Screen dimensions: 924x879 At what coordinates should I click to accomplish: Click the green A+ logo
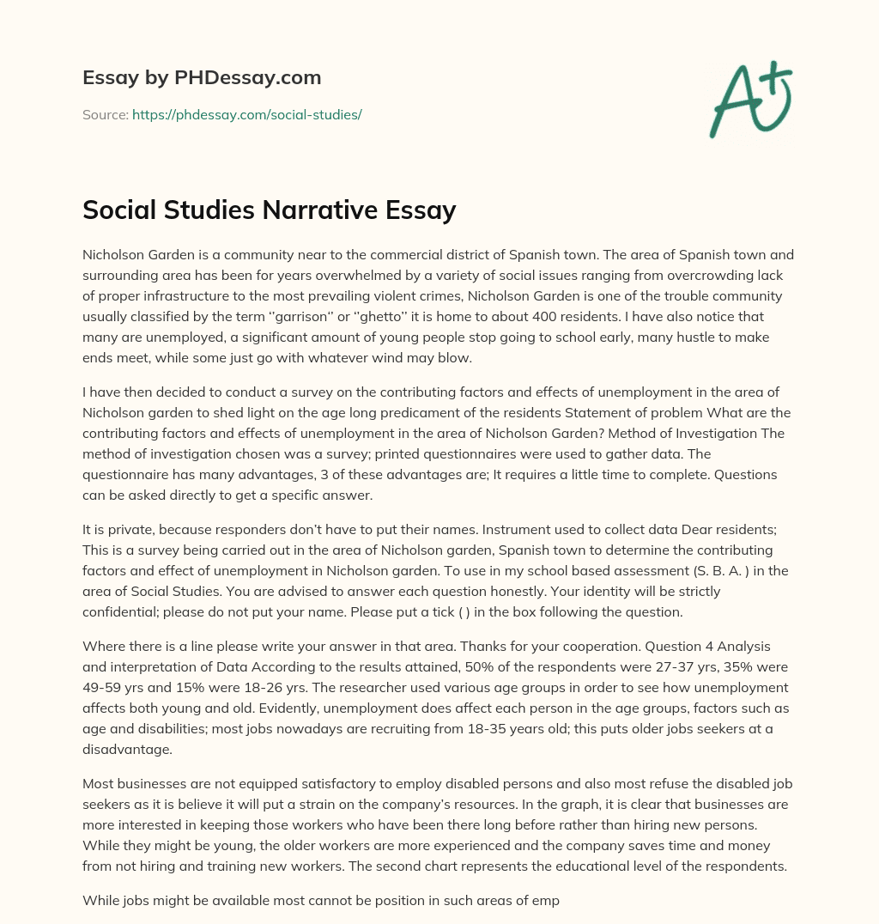tap(750, 100)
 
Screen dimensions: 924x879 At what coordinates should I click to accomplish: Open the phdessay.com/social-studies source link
tap(246, 114)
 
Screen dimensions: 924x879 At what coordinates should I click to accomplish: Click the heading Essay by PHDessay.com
tap(202, 77)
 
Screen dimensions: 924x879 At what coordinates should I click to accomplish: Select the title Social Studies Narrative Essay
tap(269, 210)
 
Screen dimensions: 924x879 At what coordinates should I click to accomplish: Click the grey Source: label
tap(106, 114)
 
